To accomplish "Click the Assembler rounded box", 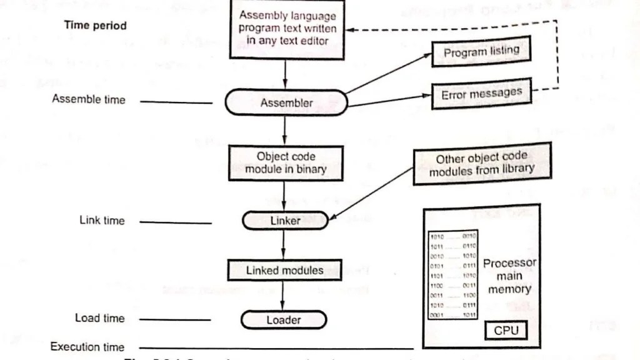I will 286,103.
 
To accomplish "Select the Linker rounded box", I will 285,221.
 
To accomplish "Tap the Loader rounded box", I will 284,320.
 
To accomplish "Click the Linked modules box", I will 284,270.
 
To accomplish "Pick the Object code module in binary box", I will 285,162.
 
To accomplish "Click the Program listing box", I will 481,52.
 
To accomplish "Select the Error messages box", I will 481,94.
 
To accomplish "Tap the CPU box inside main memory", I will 506,329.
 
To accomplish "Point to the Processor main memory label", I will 509,276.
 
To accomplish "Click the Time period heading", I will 95,26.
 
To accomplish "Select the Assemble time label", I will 88,99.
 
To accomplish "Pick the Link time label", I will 102,220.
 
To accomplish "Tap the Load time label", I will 100,318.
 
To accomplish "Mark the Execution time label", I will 87,347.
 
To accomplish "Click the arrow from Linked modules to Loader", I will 284,294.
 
